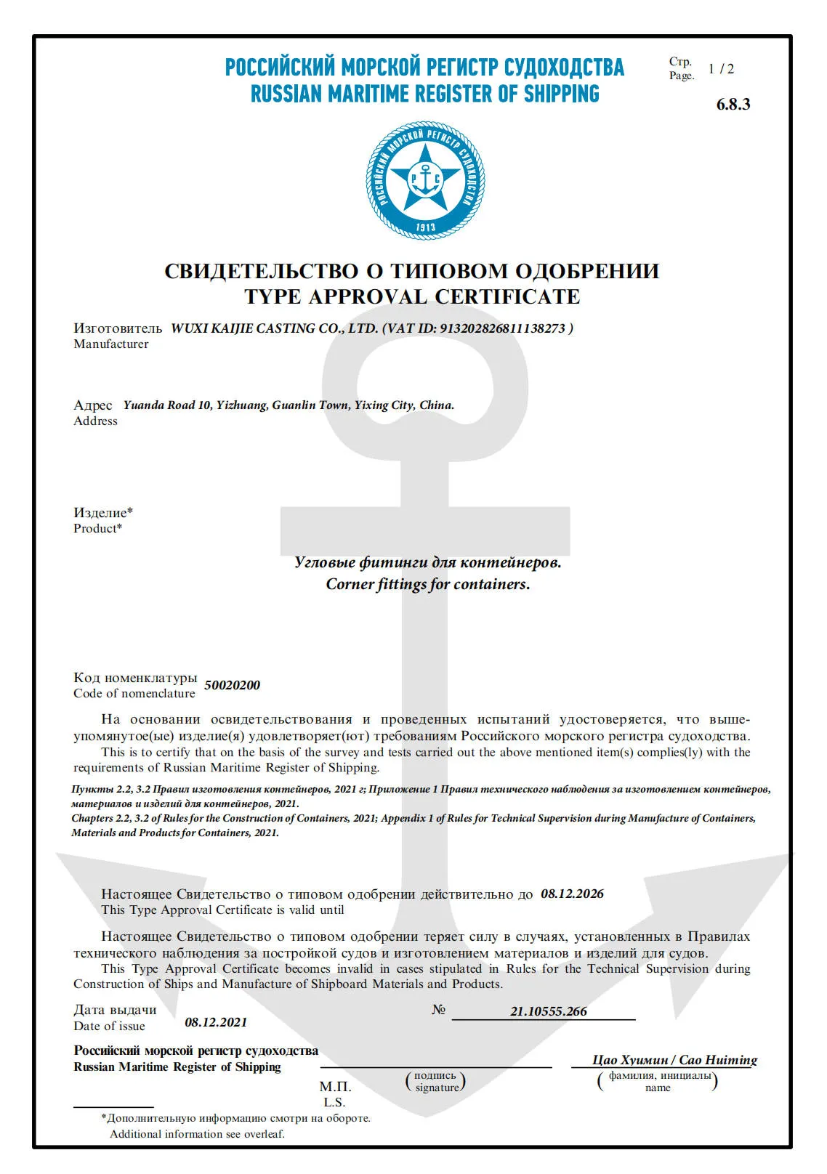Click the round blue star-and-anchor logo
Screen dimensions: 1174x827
tap(425, 180)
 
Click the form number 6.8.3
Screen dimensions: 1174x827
tap(733, 104)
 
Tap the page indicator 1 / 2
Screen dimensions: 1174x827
tap(721, 69)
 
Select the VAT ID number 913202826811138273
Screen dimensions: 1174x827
tap(502, 328)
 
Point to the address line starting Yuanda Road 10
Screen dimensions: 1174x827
tap(289, 405)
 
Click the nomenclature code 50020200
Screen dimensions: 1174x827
tap(232, 685)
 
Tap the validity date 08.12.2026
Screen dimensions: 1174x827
tap(572, 894)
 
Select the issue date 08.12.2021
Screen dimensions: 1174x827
tap(216, 1022)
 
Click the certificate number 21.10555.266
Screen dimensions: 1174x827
tap(548, 1011)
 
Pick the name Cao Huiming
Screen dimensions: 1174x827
tap(718, 1060)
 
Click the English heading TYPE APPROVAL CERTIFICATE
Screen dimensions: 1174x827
tap(412, 296)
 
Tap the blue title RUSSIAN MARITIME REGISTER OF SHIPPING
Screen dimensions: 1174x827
tap(425, 94)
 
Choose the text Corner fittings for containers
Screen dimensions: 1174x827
tap(428, 584)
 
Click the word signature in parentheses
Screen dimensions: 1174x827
tap(437, 1088)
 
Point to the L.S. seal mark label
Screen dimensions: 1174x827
tap(334, 1102)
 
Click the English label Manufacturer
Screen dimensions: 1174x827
tap(110, 344)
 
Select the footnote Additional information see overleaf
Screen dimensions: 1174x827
tap(197, 1134)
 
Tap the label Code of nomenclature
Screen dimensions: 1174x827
tap(134, 694)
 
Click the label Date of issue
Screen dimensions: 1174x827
tap(109, 1027)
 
